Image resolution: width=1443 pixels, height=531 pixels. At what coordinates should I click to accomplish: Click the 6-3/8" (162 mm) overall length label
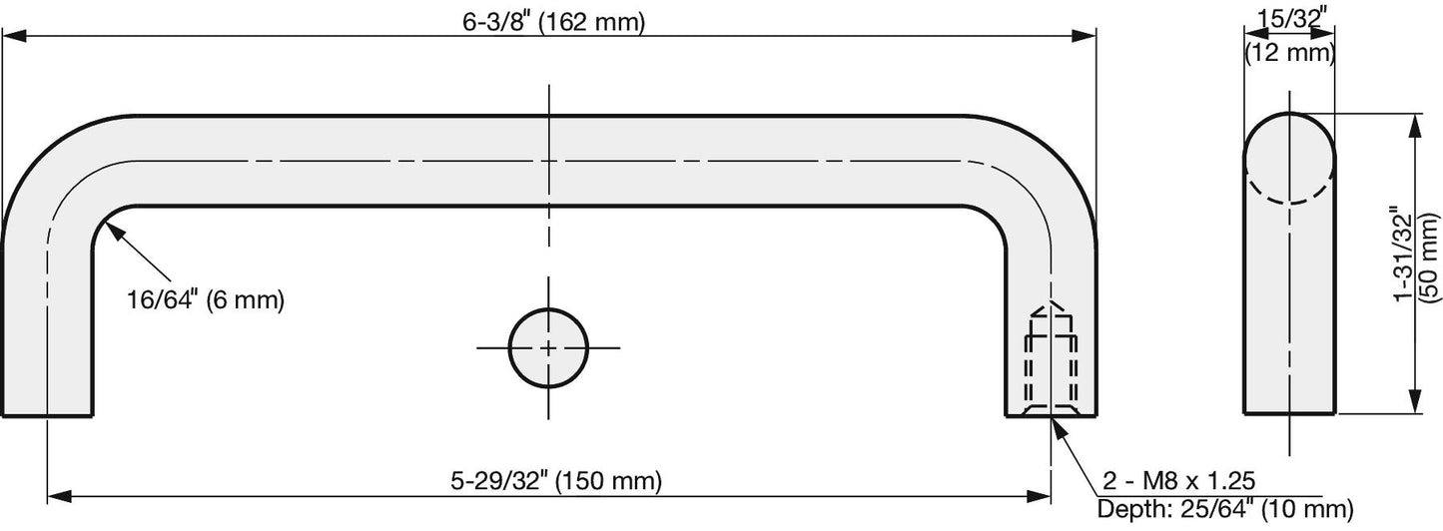click(x=553, y=22)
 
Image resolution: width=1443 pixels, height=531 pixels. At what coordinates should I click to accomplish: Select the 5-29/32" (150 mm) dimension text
click(x=556, y=481)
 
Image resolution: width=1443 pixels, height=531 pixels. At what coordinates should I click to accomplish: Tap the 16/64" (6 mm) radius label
click(x=206, y=299)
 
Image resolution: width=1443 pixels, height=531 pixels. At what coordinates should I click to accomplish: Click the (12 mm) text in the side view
click(x=1289, y=52)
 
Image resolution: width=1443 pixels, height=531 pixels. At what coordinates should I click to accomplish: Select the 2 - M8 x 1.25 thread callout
click(x=1179, y=481)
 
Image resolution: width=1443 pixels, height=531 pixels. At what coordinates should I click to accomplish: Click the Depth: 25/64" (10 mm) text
click(x=1225, y=509)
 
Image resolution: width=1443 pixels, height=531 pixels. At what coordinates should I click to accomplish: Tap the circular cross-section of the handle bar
click(x=548, y=347)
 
